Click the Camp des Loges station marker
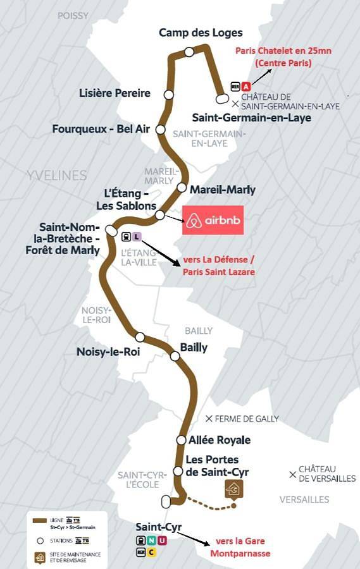point(189,52)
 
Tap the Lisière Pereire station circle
point(168,94)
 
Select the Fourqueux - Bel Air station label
point(101,129)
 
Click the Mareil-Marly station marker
point(182,188)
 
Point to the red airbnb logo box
point(213,221)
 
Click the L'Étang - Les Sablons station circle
point(160,215)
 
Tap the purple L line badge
point(137,237)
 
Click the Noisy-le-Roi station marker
point(140,337)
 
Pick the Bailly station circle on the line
point(175,356)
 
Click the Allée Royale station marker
point(180,440)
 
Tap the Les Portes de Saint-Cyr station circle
point(178,471)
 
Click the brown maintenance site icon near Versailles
point(235,489)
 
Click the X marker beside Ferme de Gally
point(209,419)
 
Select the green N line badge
point(151,541)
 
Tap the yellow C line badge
point(151,552)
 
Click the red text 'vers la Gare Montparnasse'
point(240,547)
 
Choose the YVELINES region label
point(56,175)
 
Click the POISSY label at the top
point(73,15)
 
